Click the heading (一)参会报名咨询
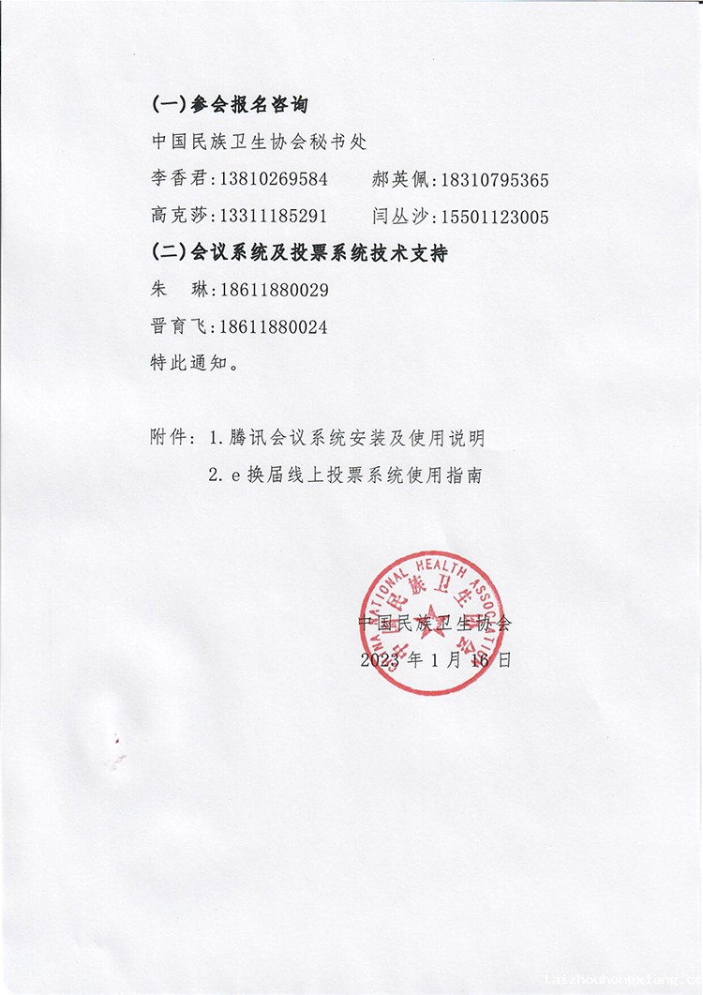tap(230, 105)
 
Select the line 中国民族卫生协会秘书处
tap(259, 143)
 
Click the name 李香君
tap(182, 179)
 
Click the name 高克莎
tap(182, 217)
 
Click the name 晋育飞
tap(182, 326)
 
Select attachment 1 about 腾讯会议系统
tap(346, 438)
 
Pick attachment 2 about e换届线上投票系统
tap(346, 475)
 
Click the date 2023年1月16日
tap(436, 660)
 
